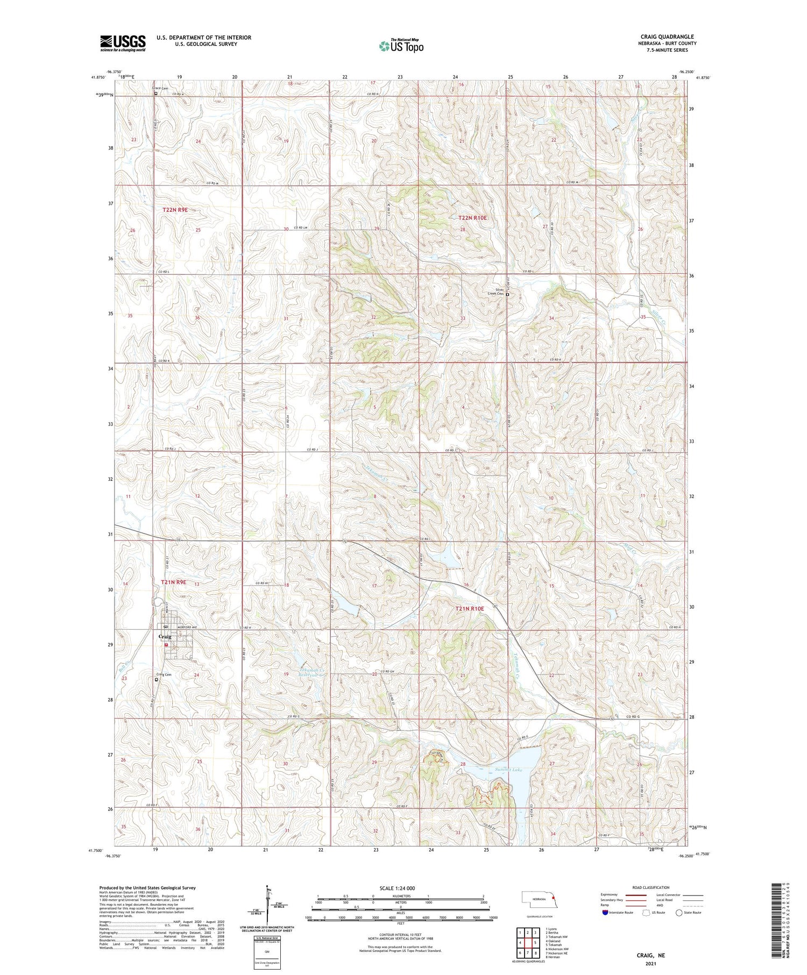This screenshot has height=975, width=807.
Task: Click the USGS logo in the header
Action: [123, 43]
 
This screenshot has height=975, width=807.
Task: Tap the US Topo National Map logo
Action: [401, 46]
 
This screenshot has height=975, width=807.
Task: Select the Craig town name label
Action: [165, 637]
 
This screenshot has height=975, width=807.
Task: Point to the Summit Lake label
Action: [508, 770]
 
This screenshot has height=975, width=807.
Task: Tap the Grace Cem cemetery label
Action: [160, 88]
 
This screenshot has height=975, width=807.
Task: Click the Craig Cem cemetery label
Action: [164, 674]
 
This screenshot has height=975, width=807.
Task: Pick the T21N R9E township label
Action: [174, 582]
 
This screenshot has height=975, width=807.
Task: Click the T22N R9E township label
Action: [175, 210]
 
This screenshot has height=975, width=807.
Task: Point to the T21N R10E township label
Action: [470, 608]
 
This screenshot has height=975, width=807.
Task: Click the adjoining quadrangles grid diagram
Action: [527, 943]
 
